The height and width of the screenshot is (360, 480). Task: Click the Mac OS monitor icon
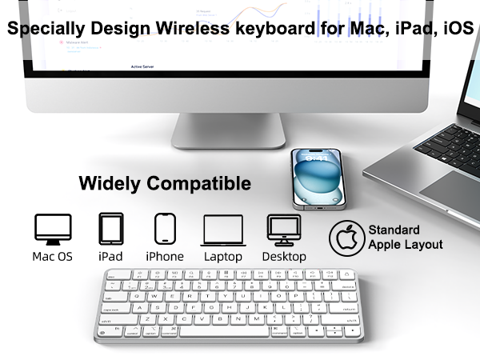(54, 229)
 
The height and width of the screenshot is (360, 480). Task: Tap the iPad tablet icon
(110, 229)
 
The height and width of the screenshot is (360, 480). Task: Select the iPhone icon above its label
(165, 229)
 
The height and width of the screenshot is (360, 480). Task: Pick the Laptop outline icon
(222, 230)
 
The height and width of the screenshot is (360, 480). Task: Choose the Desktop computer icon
(283, 230)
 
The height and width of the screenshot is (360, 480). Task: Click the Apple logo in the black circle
(346, 238)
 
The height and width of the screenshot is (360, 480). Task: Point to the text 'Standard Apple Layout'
(405, 238)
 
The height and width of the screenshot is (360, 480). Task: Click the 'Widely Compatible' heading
(165, 184)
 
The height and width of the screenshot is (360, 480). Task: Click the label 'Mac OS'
(53, 257)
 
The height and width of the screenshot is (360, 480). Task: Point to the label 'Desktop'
(284, 257)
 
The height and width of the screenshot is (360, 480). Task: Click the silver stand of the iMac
(228, 130)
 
